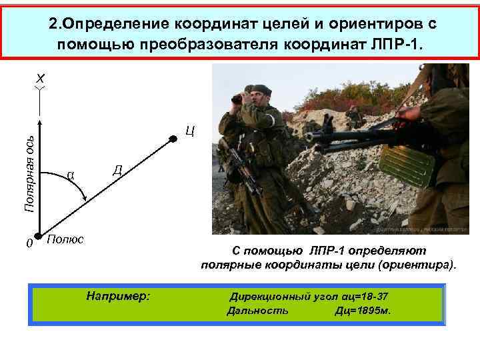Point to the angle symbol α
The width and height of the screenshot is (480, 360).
[70, 175]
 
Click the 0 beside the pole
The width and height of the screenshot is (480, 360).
[29, 244]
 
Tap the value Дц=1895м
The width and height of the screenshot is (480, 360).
[363, 311]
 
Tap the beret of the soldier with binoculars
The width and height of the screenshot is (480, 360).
[257, 88]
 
